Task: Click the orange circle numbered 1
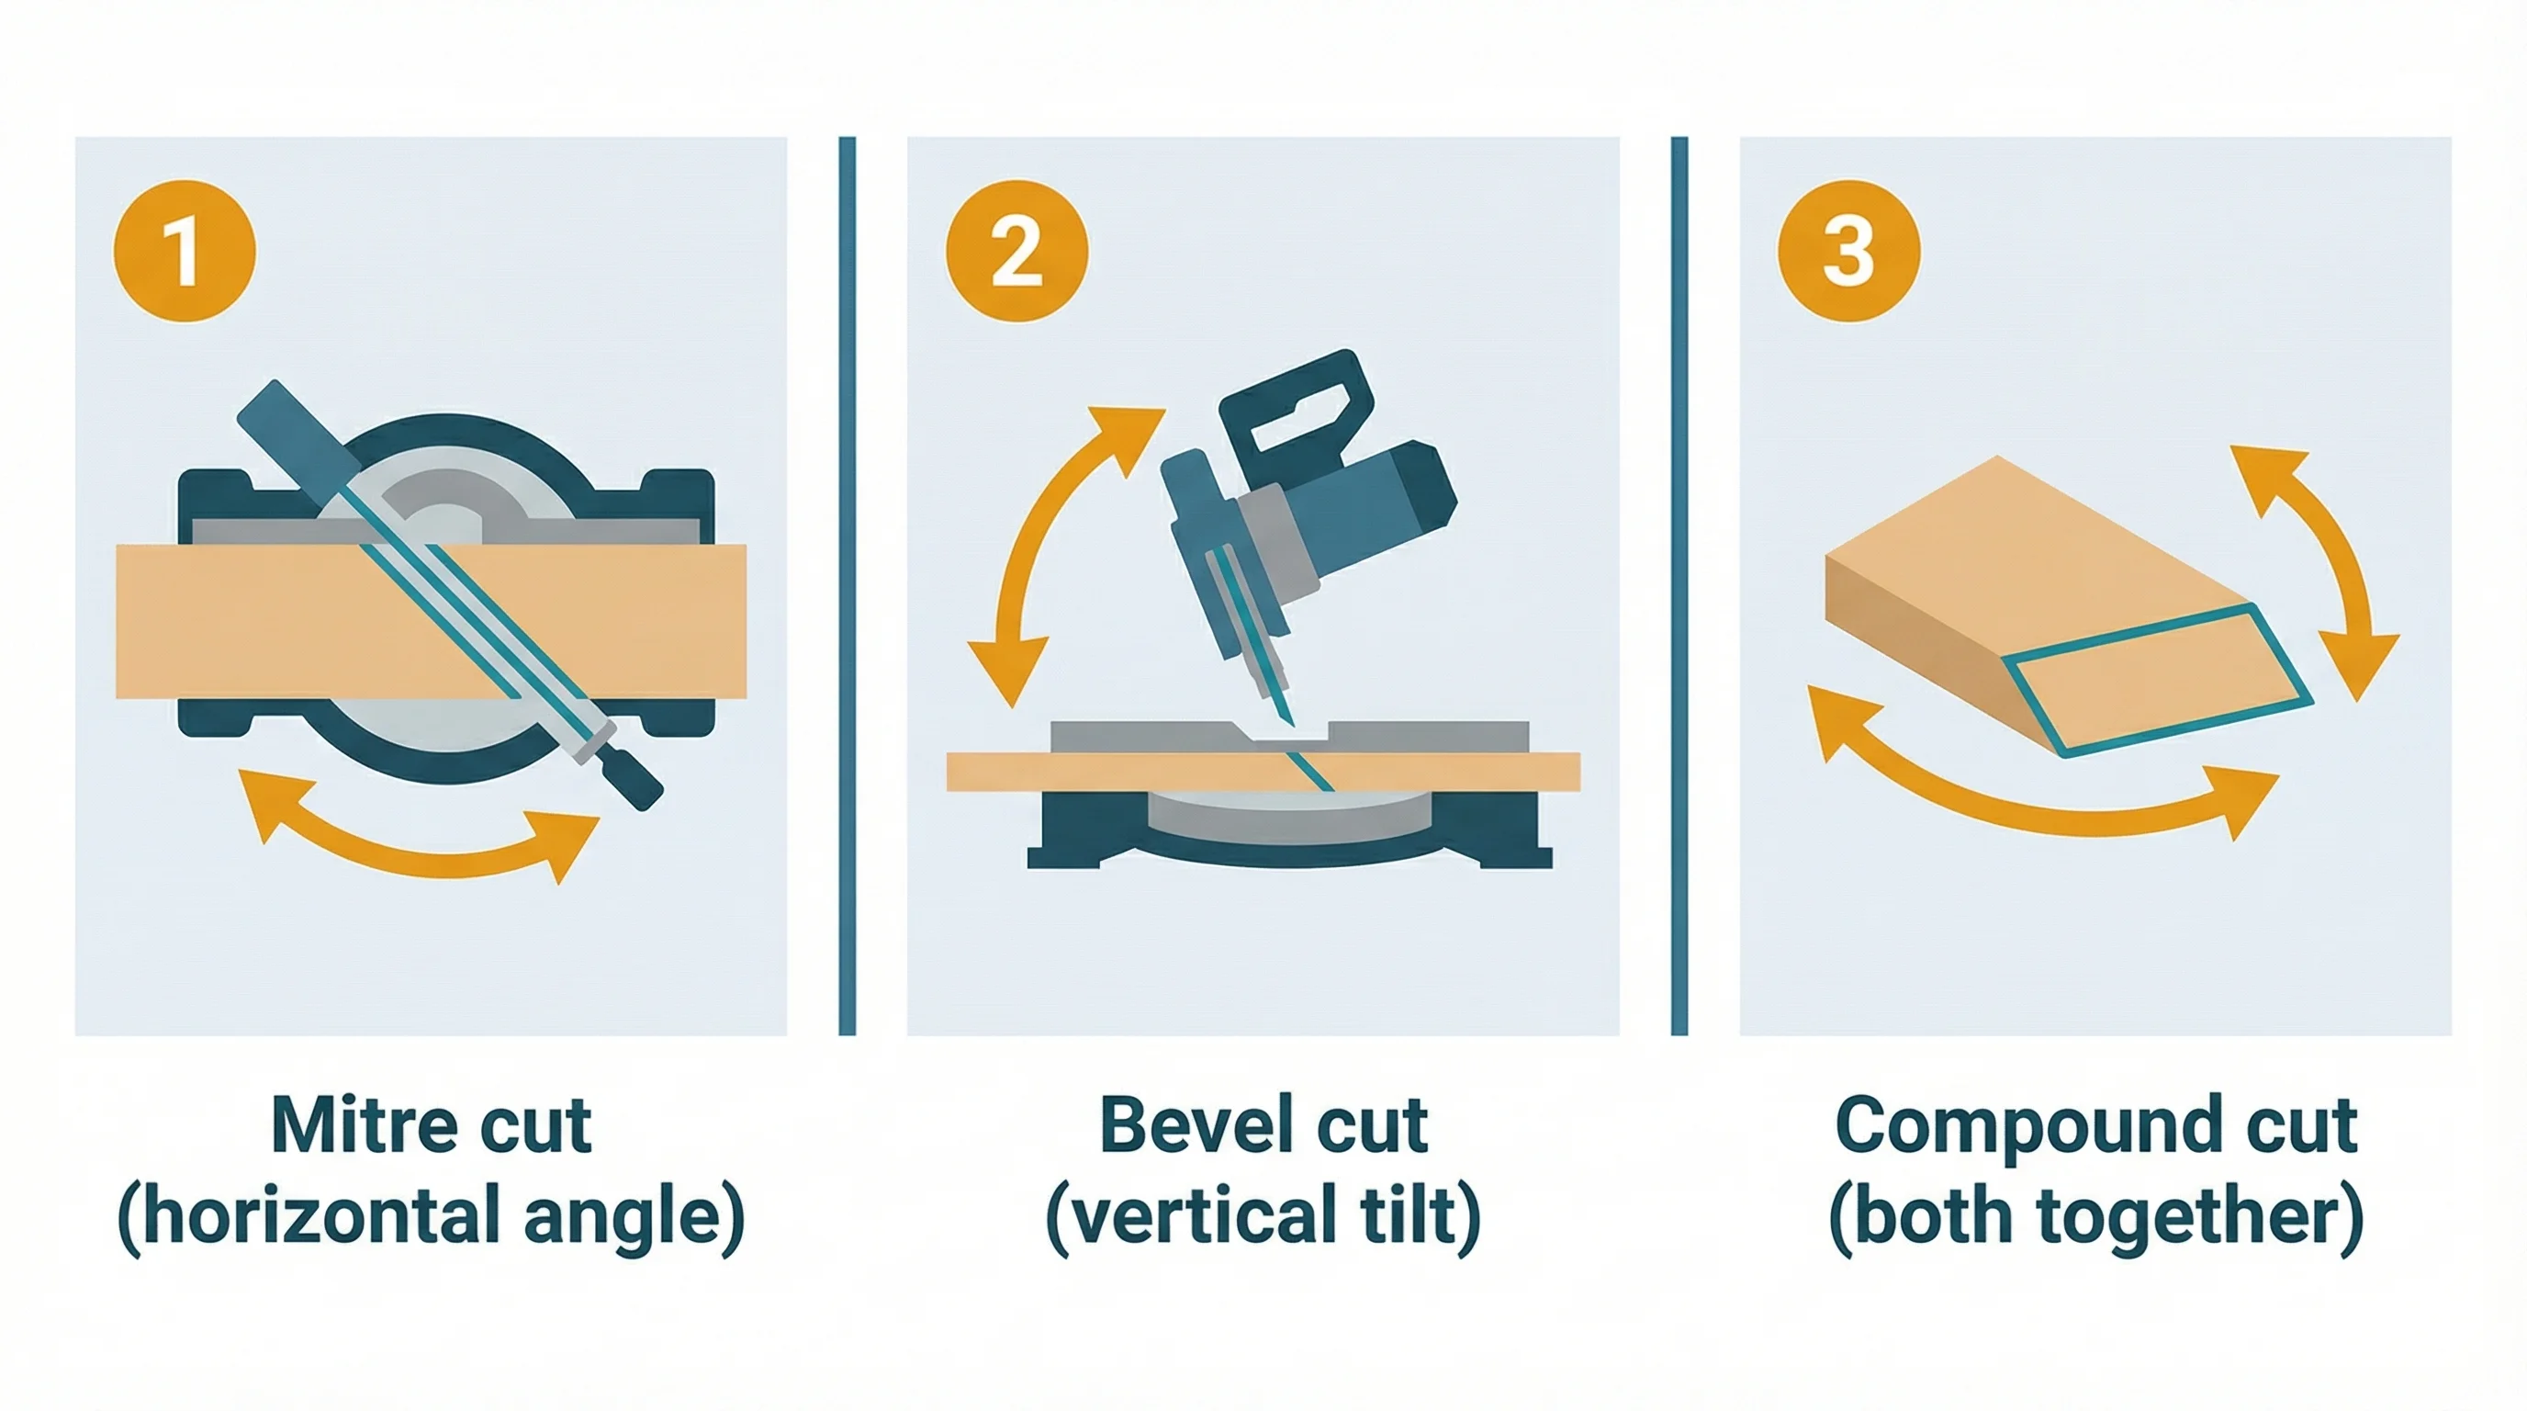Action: [x=185, y=251]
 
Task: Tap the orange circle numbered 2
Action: [x=1016, y=251]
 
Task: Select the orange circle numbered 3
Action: [x=1848, y=251]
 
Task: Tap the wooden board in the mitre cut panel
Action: [x=245, y=622]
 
